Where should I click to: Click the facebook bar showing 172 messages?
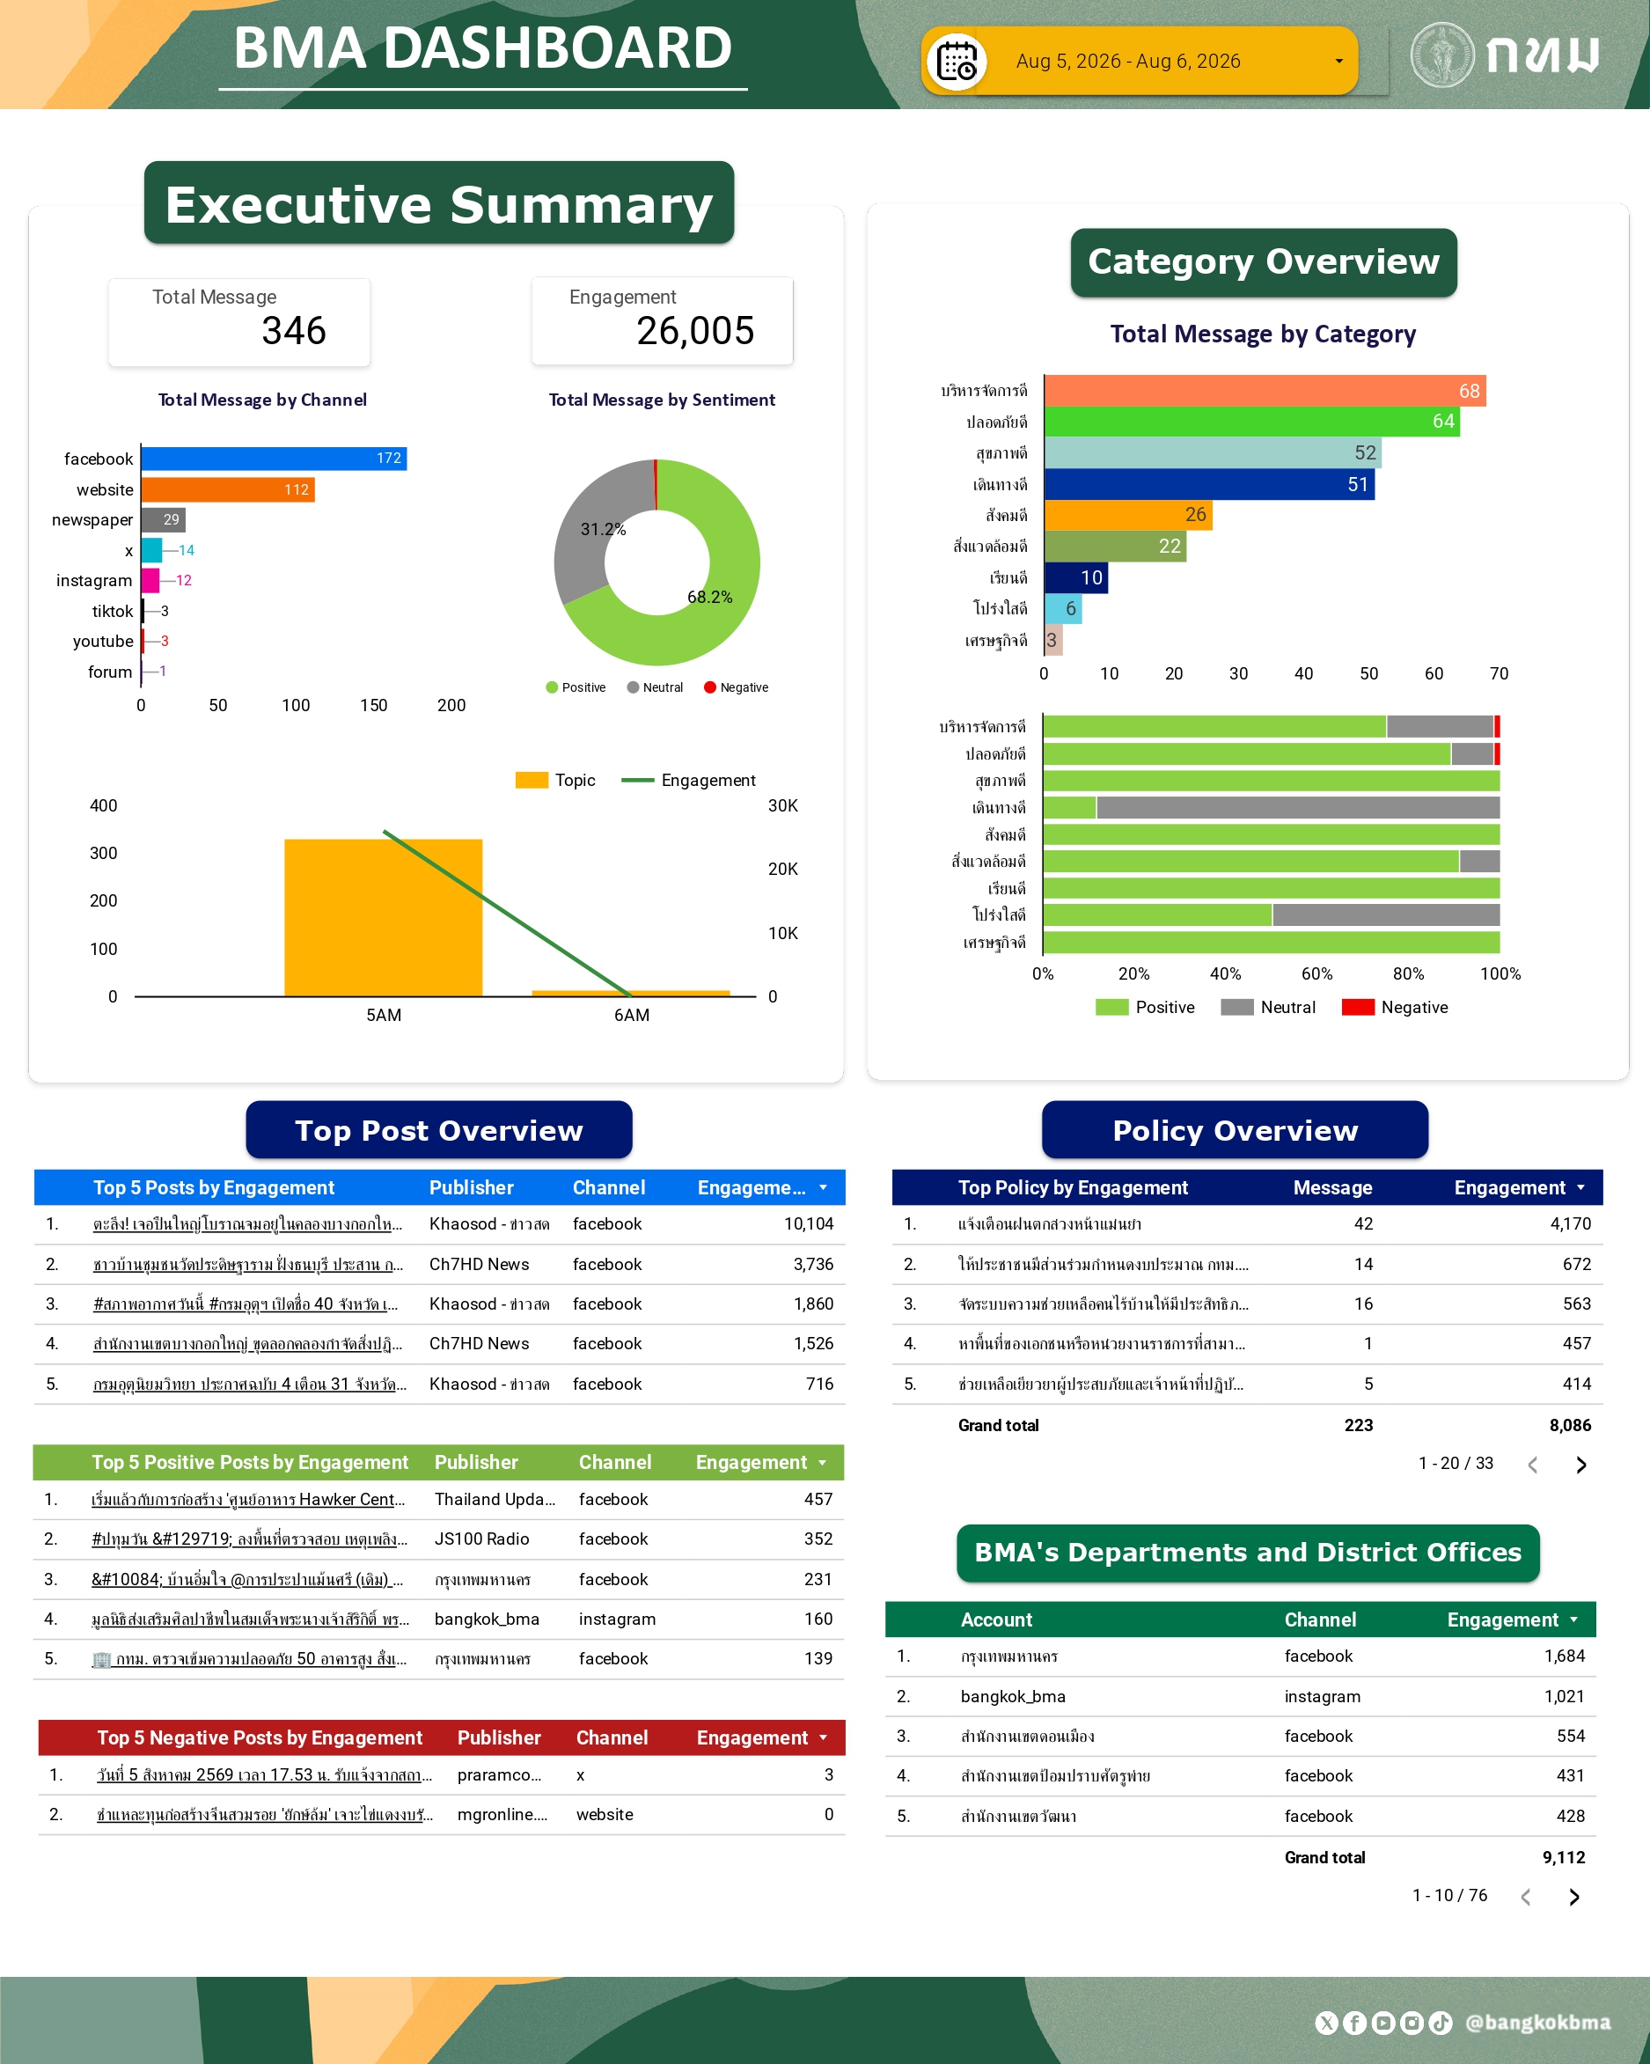[274, 459]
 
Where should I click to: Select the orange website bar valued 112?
[228, 489]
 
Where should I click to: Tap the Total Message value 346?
[294, 331]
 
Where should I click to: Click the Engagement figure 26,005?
[696, 331]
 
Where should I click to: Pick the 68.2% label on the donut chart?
[709, 598]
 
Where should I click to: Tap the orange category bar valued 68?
[1265, 391]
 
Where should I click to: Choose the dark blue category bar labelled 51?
[1209, 484]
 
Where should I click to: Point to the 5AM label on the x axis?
[384, 1015]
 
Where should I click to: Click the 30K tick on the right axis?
[783, 805]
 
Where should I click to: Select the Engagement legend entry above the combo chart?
[688, 780]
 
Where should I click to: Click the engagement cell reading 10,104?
[809, 1223]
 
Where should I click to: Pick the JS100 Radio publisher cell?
[481, 1539]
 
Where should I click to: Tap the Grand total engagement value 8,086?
[1570, 1426]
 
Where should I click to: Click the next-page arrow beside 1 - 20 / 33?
[1581, 1465]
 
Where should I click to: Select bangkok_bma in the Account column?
[1013, 1696]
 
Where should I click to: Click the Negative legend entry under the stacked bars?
[1395, 1007]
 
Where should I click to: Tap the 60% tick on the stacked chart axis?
[1317, 973]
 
